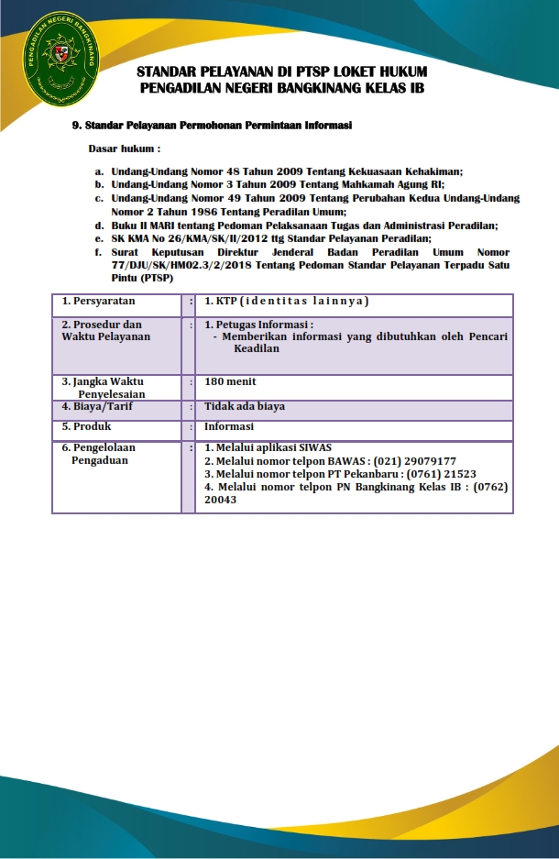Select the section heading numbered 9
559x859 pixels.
pyautogui.click(x=212, y=125)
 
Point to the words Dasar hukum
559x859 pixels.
pyautogui.click(x=124, y=148)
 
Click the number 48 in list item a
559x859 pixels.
pyautogui.click(x=245, y=171)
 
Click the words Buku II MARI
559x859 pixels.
pyautogui.click(x=142, y=225)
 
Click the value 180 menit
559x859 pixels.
pyautogui.click(x=230, y=381)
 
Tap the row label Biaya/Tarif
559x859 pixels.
pyautogui.click(x=95, y=406)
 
